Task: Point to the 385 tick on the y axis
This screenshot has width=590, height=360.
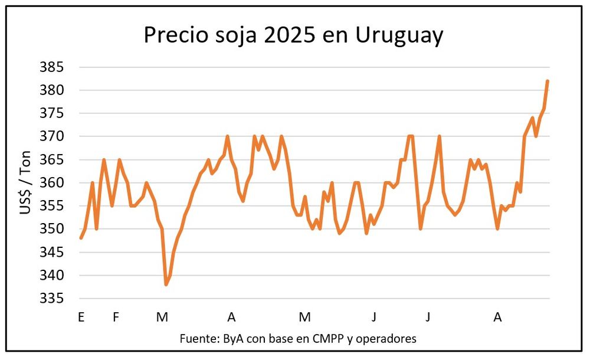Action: click(x=51, y=67)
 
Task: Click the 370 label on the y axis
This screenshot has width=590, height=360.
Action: click(x=51, y=137)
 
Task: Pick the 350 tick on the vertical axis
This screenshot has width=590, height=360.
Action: click(x=51, y=230)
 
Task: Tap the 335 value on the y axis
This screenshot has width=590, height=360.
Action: click(x=51, y=299)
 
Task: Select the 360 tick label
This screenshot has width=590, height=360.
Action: click(x=51, y=183)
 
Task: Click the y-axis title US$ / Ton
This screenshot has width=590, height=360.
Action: click(x=25, y=183)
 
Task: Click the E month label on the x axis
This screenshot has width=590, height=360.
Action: click(x=81, y=318)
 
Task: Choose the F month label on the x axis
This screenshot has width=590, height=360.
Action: click(x=116, y=318)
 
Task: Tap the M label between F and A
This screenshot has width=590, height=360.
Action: click(x=162, y=318)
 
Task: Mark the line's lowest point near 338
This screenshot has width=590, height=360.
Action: click(x=166, y=284)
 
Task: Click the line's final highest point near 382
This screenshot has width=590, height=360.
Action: click(x=548, y=81)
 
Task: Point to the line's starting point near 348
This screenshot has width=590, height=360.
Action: click(x=81, y=238)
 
